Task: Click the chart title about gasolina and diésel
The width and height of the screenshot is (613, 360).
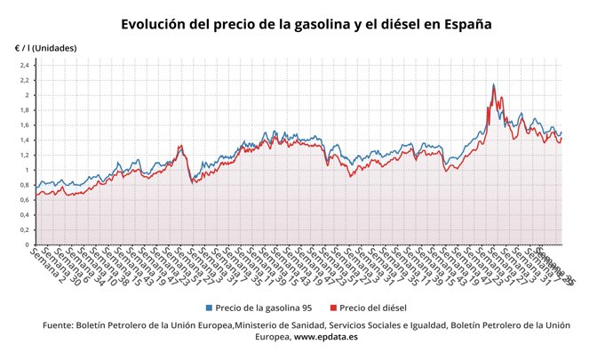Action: pyautogui.click(x=306, y=24)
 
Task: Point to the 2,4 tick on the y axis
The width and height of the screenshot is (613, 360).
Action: pyautogui.click(x=25, y=66)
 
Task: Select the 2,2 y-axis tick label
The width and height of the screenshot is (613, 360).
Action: pyautogui.click(x=25, y=81)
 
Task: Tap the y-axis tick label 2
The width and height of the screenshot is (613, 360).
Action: pyautogui.click(x=28, y=96)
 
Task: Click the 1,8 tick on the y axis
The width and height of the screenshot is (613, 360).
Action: pyautogui.click(x=25, y=111)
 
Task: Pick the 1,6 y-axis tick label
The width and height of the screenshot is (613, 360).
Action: pyautogui.click(x=25, y=125)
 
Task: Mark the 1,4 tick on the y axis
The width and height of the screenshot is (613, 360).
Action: pyautogui.click(x=25, y=140)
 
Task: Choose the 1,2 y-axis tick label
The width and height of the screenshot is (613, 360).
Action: pyautogui.click(x=25, y=156)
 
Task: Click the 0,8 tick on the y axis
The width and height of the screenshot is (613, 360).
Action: pyautogui.click(x=25, y=185)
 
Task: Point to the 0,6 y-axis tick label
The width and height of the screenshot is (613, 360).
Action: pyautogui.click(x=25, y=200)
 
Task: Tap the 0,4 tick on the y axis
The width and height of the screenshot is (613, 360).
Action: pyautogui.click(x=25, y=215)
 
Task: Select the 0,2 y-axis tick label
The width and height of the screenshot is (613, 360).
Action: pyautogui.click(x=25, y=229)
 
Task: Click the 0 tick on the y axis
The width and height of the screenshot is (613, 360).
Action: pyautogui.click(x=28, y=244)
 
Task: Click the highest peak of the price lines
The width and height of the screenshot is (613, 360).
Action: pyautogui.click(x=493, y=85)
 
